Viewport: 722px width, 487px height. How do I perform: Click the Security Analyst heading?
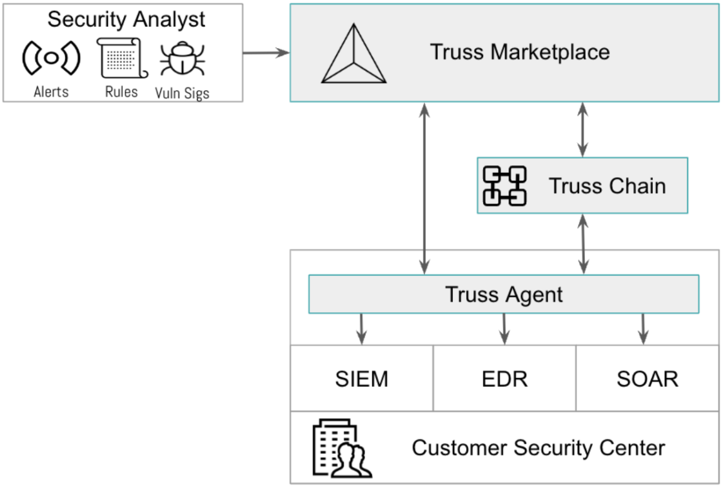(x=126, y=19)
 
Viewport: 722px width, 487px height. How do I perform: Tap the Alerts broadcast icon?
(x=51, y=58)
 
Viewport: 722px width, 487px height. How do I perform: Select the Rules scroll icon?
(x=122, y=58)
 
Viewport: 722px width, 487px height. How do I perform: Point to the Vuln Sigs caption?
(x=182, y=92)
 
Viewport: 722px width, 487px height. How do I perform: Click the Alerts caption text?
(x=51, y=92)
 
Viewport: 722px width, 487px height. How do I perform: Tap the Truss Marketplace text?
(x=520, y=52)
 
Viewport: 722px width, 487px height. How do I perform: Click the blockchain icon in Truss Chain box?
(x=505, y=186)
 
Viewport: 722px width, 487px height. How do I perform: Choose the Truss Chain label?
(x=607, y=186)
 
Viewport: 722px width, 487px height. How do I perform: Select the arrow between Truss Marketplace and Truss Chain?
(x=581, y=130)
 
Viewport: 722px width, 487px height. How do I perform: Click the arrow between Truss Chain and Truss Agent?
(x=582, y=244)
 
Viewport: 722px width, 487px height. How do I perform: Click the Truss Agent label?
(x=503, y=294)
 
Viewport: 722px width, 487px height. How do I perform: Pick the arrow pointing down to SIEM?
(x=362, y=328)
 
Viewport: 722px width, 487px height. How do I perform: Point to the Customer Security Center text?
(x=538, y=448)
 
